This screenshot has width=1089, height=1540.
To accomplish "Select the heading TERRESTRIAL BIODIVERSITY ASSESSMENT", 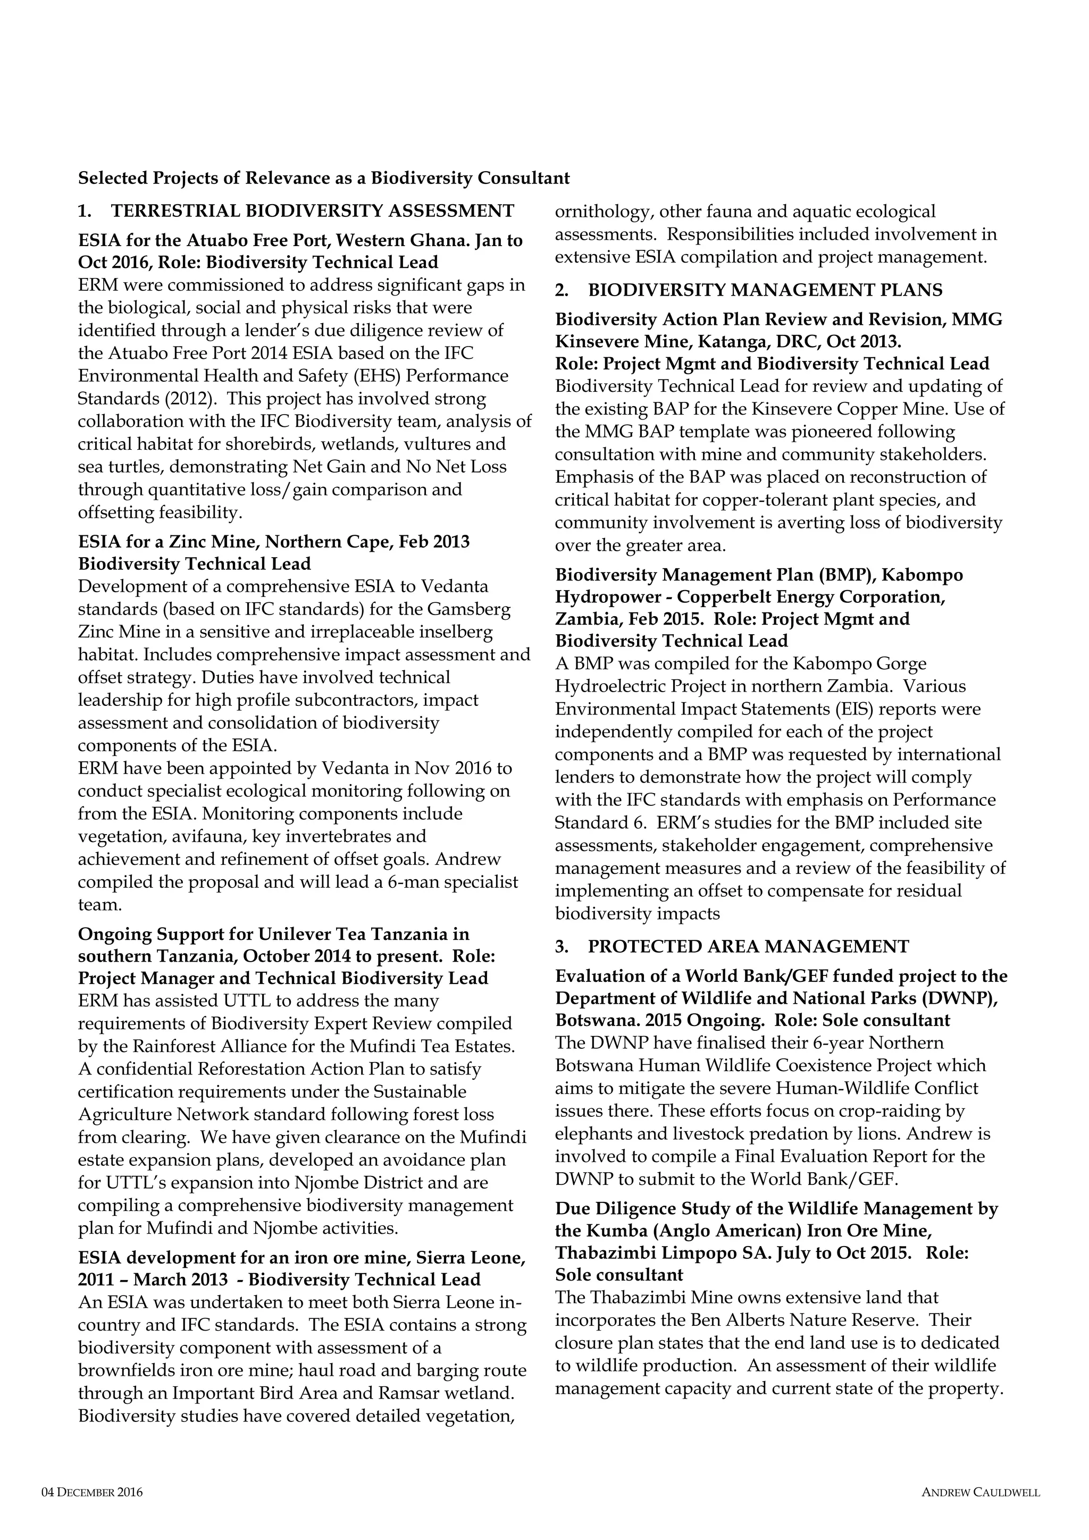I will coord(312,211).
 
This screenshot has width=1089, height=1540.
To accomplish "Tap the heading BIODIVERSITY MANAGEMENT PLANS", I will coord(765,290).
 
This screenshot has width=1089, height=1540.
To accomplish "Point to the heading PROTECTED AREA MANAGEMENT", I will coord(748,946).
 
